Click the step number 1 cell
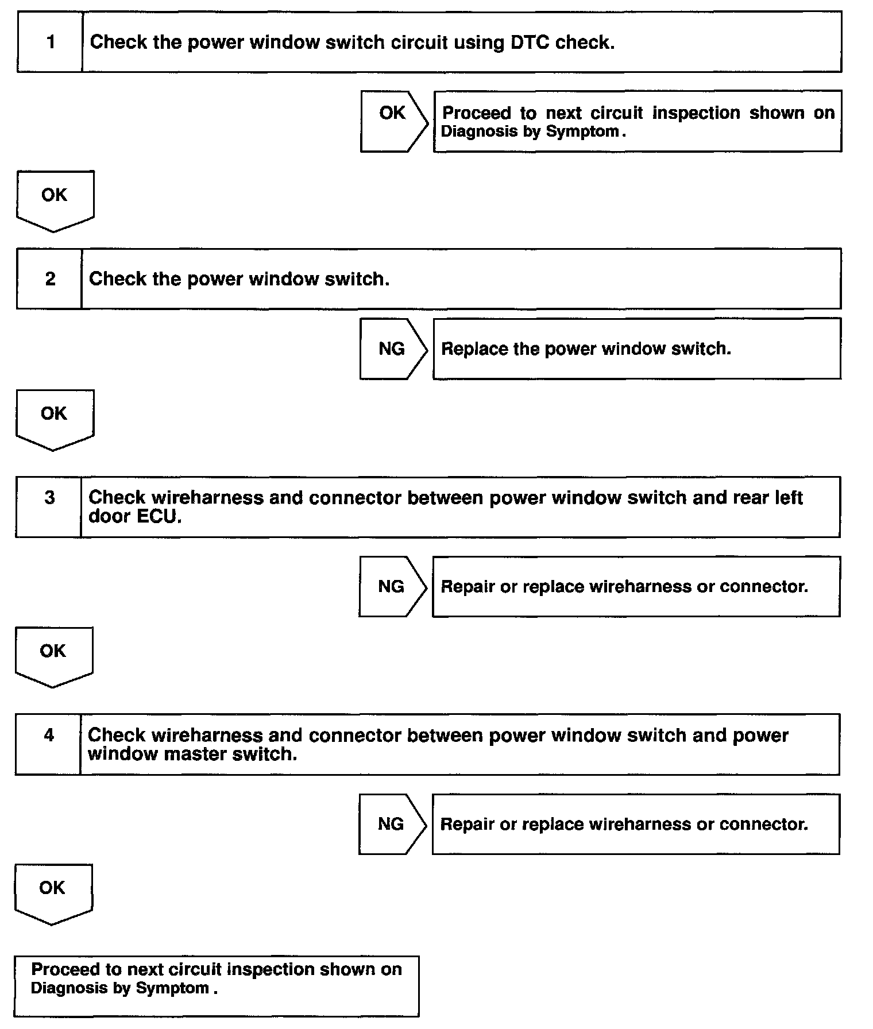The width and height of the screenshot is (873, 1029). (51, 42)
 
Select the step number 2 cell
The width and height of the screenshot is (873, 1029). (50, 279)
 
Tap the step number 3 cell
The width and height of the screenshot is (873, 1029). (49, 497)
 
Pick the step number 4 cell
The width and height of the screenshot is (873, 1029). (49, 735)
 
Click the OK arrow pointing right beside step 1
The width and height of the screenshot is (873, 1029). (393, 121)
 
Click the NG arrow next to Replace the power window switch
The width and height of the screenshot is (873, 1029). (392, 349)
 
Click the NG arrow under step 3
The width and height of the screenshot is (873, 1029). (392, 586)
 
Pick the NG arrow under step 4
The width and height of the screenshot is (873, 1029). (392, 824)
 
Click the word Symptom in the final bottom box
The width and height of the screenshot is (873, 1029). (172, 988)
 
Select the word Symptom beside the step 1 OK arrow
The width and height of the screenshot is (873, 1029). (582, 131)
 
